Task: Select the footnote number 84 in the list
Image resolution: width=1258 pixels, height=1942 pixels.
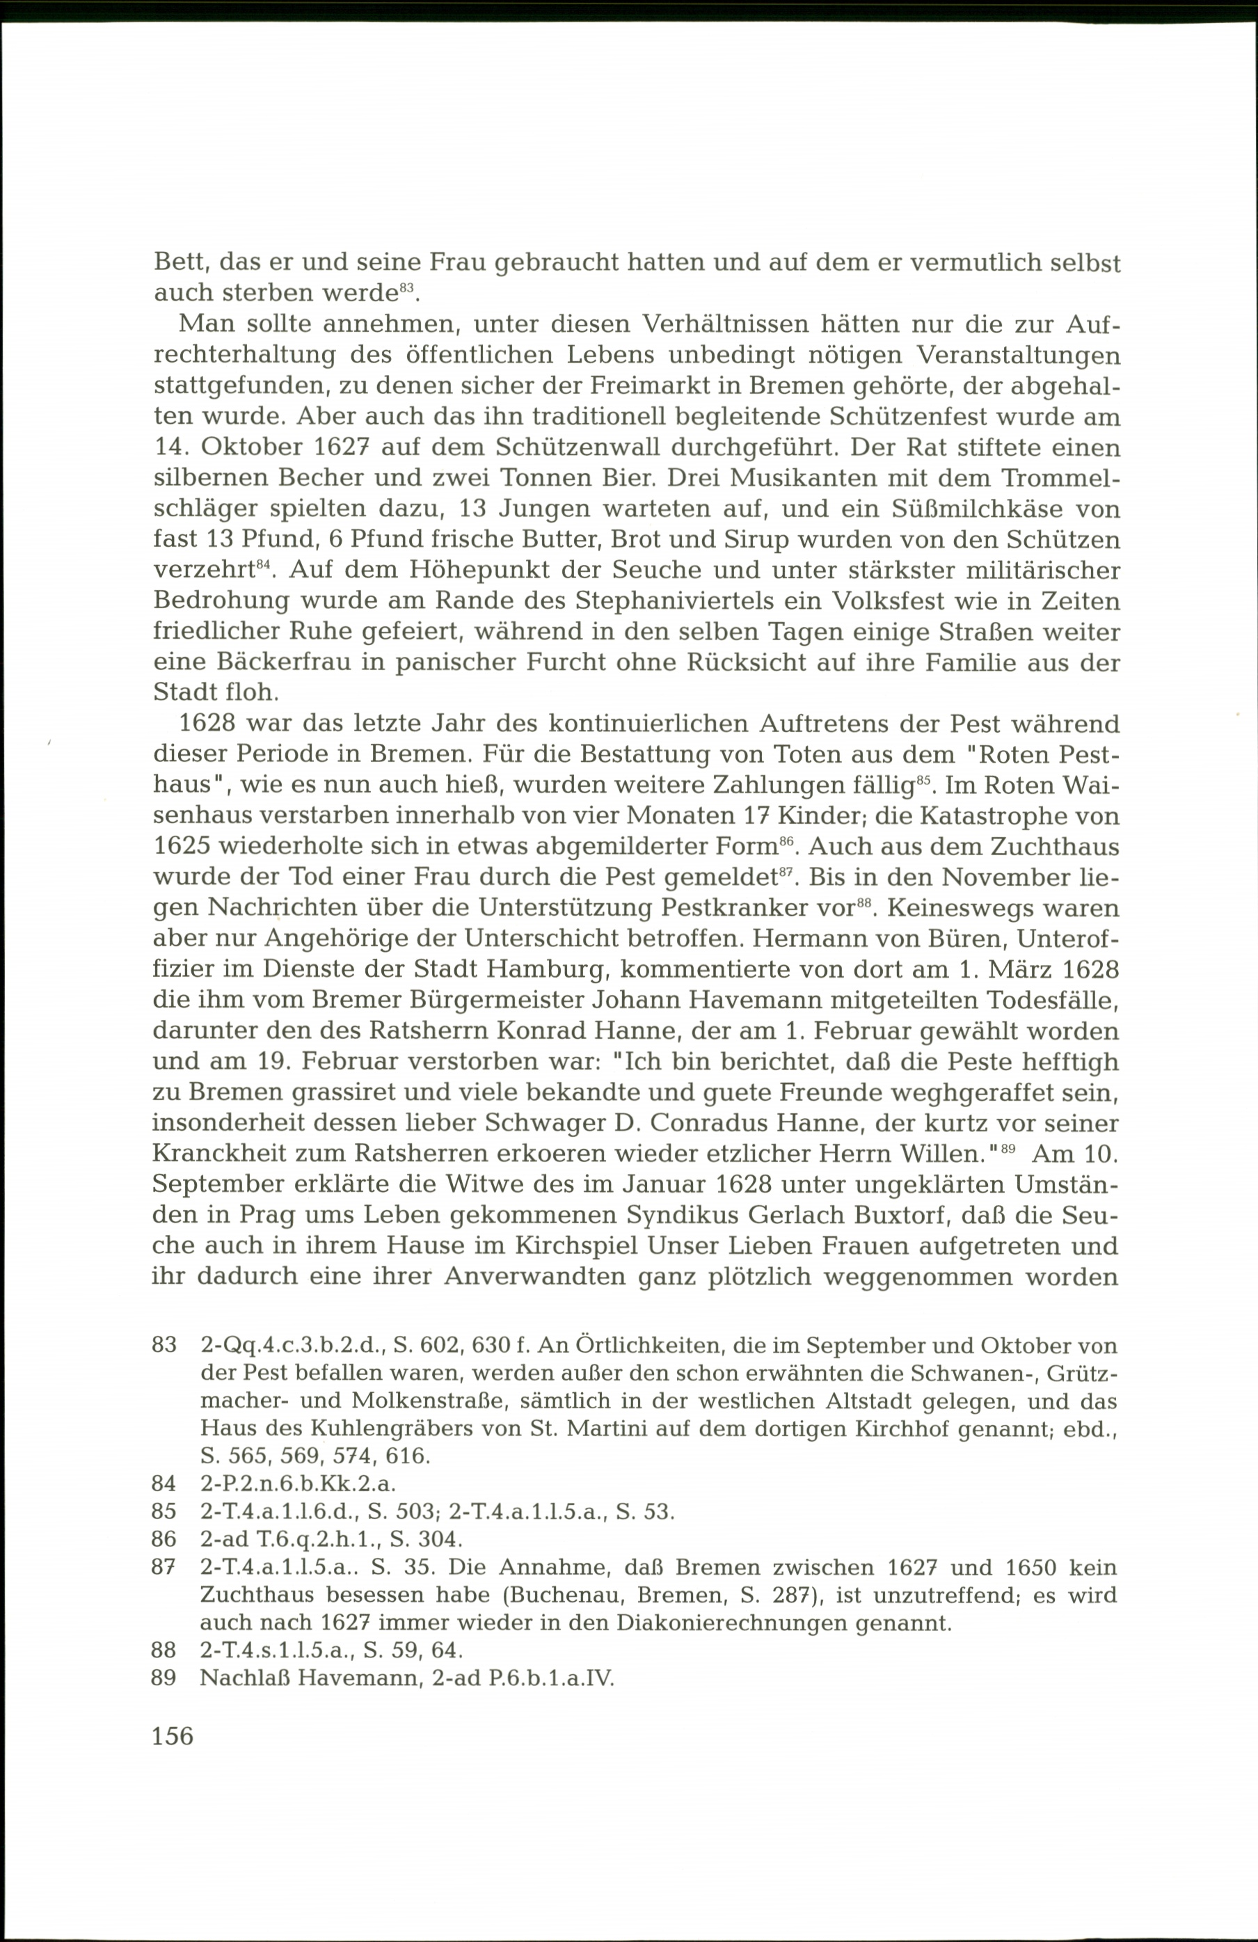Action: [x=164, y=1483]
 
